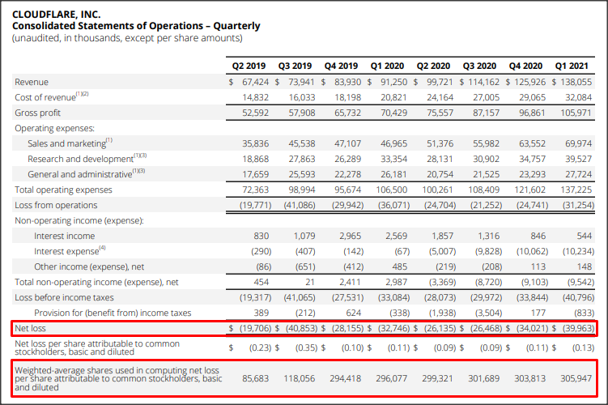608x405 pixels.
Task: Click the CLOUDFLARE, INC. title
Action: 56,15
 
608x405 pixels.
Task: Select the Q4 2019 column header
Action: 341,66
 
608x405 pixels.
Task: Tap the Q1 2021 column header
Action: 572,66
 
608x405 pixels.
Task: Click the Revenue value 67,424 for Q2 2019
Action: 255,82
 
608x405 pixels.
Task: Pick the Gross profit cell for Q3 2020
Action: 487,113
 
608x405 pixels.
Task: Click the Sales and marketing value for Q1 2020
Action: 394,143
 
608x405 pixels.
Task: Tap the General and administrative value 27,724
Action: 579,175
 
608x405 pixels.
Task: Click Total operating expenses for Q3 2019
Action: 302,190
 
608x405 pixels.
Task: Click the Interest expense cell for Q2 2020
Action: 442,251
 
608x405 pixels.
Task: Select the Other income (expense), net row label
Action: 89,267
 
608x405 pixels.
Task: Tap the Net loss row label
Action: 30,328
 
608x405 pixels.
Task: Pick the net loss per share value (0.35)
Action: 305,347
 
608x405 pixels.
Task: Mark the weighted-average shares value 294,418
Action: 345,378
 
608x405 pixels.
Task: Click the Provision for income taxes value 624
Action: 353,313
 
